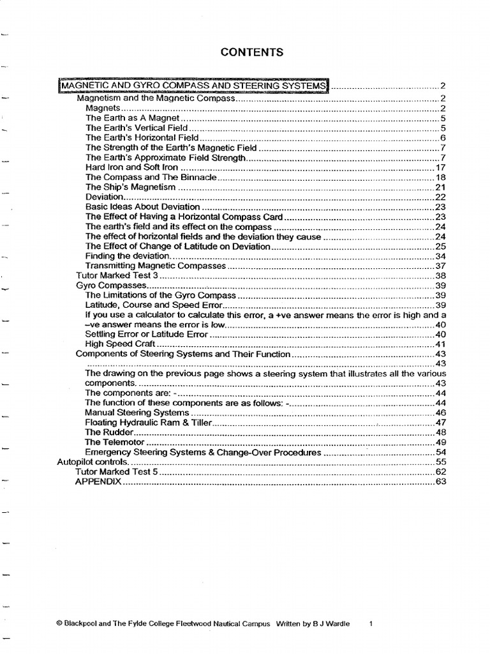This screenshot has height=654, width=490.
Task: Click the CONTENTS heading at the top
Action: pos(252,52)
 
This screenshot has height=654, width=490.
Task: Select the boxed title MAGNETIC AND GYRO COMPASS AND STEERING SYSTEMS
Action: pos(193,86)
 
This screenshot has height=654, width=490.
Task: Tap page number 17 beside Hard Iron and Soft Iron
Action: pos(439,167)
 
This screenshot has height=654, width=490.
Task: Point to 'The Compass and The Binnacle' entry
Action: pos(151,178)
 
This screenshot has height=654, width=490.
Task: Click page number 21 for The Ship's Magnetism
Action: pos(439,187)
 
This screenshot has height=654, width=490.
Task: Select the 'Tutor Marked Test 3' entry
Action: pos(116,275)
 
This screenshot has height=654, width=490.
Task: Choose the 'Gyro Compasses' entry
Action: pos(111,285)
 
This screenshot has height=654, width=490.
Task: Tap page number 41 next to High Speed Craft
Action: pos(439,344)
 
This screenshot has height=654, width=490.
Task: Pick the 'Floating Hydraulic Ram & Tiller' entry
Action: pos(151,422)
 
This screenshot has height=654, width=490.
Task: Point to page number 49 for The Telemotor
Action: pos(439,442)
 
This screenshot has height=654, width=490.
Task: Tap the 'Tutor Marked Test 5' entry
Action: pos(116,471)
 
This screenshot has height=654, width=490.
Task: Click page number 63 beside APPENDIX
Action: pos(439,482)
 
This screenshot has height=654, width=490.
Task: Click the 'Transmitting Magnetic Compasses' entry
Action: pos(156,266)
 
